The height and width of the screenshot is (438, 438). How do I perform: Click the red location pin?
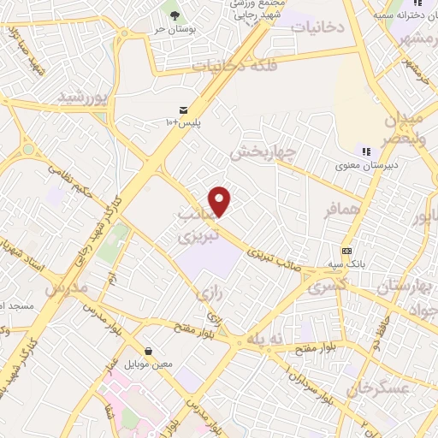click(x=221, y=201)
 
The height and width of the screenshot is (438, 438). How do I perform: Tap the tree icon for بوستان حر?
click(x=176, y=15)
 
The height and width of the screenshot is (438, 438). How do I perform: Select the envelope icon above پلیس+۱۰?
click(x=183, y=110)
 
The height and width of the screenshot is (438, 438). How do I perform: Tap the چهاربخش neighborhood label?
click(x=263, y=151)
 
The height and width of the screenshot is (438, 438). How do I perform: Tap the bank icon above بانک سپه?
click(x=346, y=251)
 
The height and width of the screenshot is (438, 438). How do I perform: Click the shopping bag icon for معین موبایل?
click(x=150, y=351)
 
